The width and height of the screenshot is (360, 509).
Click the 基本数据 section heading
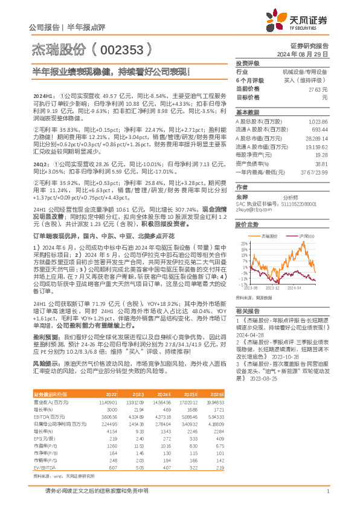click(247, 112)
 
